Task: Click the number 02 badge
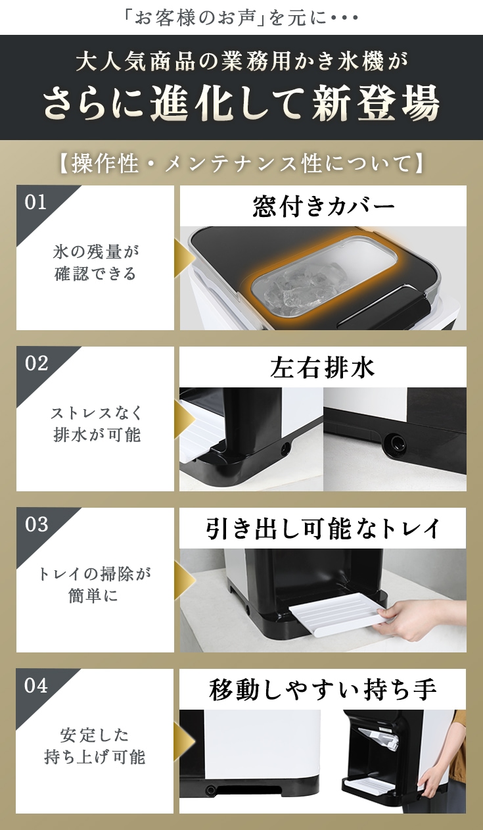37,364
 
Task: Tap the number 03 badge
37,525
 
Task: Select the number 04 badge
37,686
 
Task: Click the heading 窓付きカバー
323,207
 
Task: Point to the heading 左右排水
323,368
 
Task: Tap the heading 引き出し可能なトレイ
323,529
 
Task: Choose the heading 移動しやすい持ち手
323,690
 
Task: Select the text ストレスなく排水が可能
95,424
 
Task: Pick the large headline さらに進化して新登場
241,103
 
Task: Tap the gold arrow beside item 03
185,580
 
